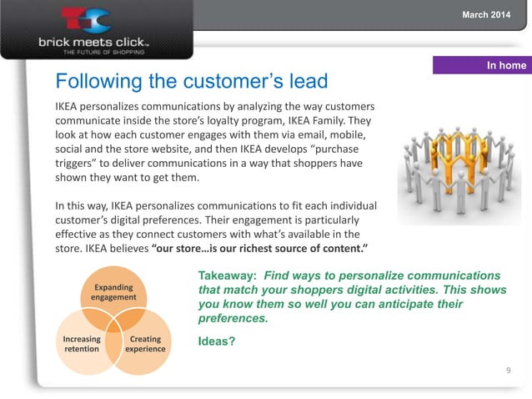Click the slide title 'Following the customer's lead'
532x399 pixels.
tap(191, 83)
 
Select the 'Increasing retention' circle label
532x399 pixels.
tap(82, 344)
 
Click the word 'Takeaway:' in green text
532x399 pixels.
tap(226, 275)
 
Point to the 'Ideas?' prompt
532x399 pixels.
tap(217, 341)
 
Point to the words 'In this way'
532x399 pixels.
tap(86, 205)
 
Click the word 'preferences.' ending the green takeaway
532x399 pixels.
tap(233, 318)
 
